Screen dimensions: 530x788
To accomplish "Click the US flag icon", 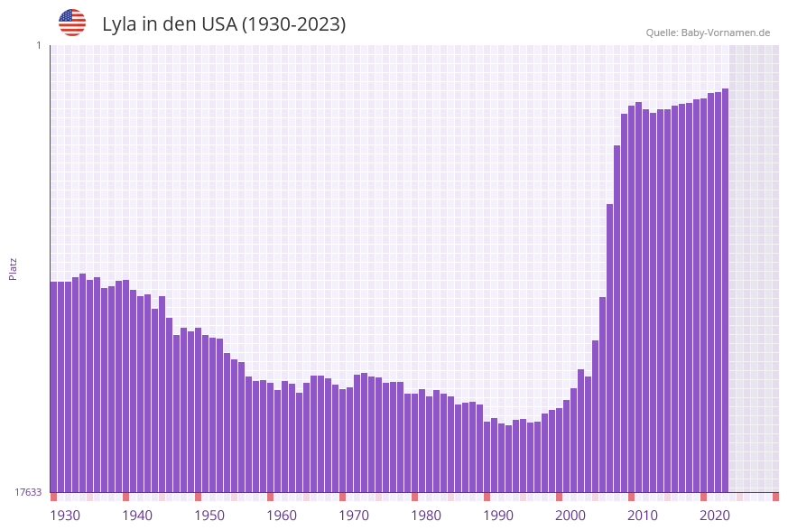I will click(x=72, y=23).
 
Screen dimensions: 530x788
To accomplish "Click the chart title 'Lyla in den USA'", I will click(x=224, y=24).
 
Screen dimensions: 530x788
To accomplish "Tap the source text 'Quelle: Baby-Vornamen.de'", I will click(x=708, y=33).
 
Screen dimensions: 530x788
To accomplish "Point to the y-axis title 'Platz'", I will click(x=14, y=268).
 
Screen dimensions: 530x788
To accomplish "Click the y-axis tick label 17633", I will click(x=28, y=492).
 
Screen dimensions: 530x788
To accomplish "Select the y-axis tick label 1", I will click(x=38, y=45).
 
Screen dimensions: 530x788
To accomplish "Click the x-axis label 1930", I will click(x=65, y=516).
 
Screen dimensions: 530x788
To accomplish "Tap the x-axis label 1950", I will click(x=209, y=516).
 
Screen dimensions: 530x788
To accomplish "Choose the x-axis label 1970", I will click(x=354, y=516).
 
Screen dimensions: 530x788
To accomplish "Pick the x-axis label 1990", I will click(x=498, y=516).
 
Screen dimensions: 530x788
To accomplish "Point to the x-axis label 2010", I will click(x=643, y=516).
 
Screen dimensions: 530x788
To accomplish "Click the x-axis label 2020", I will click(x=715, y=516).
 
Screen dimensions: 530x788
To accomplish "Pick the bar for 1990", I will click(x=494, y=455).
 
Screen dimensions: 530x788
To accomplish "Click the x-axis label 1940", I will click(x=137, y=516).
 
